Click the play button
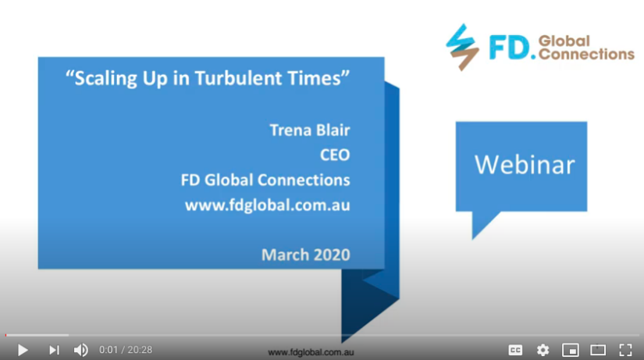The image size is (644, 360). [x=23, y=350]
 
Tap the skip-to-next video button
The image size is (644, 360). [x=54, y=350]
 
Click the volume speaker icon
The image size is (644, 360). [x=81, y=350]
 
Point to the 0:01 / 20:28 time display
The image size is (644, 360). [x=126, y=350]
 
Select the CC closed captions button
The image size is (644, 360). [x=515, y=350]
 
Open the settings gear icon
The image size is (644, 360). [x=543, y=350]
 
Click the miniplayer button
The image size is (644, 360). [x=571, y=350]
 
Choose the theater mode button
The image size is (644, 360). [x=598, y=350]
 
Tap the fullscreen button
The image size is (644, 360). [x=625, y=350]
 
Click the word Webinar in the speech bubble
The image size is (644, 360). [x=525, y=165]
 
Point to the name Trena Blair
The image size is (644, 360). [x=310, y=130]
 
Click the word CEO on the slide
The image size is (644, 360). [x=335, y=155]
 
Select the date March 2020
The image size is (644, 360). [x=306, y=255]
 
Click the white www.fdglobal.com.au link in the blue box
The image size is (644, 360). [x=268, y=205]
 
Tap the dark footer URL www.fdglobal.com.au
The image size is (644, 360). [x=311, y=352]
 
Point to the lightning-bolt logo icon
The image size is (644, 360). [x=462, y=48]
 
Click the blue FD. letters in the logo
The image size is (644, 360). [x=512, y=48]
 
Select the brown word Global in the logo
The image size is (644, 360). [x=564, y=41]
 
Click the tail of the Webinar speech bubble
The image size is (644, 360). [x=482, y=222]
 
